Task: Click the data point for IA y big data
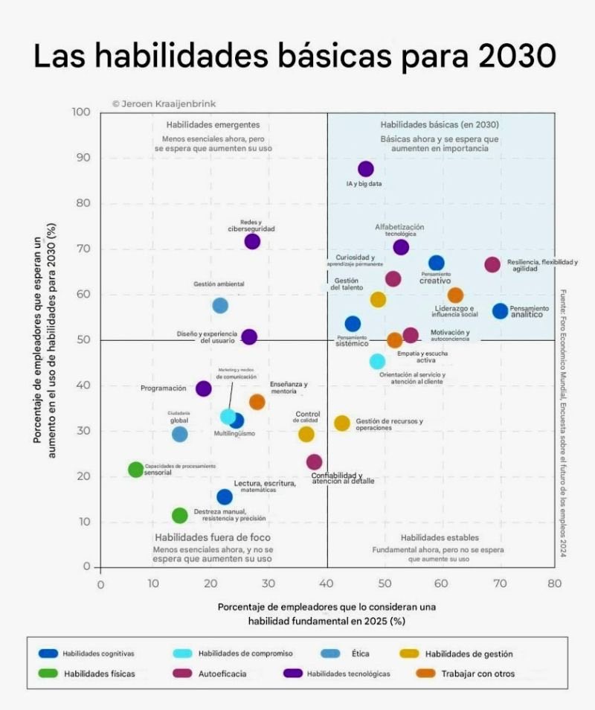tap(365, 169)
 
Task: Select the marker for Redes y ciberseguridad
tap(252, 241)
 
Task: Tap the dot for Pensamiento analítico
tap(500, 311)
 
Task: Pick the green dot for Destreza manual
tap(179, 515)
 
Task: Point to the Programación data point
tap(203, 388)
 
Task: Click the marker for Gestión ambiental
tap(220, 305)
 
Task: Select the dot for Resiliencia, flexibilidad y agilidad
tap(492, 265)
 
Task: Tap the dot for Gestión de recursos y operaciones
tap(341, 423)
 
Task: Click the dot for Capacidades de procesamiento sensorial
tap(135, 470)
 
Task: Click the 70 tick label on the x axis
tap(498, 584)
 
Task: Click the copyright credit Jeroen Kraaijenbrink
tap(164, 104)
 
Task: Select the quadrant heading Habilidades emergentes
tap(213, 124)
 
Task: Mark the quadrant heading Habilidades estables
tap(440, 537)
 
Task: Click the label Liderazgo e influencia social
tap(454, 311)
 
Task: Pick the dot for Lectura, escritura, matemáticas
tap(225, 497)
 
